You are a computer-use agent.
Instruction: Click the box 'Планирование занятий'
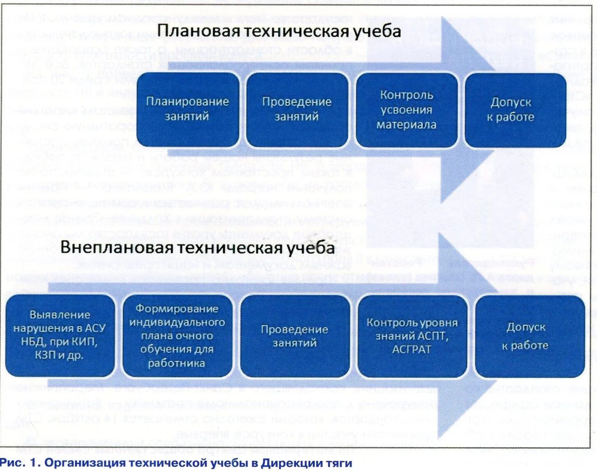(188, 109)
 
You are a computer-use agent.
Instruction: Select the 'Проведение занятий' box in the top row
(297, 109)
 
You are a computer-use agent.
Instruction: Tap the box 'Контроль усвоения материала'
(406, 110)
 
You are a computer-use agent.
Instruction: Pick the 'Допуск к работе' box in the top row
(515, 110)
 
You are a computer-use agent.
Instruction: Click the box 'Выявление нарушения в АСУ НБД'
(60, 335)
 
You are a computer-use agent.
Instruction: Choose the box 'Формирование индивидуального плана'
(177, 335)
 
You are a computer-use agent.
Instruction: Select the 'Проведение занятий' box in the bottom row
(294, 335)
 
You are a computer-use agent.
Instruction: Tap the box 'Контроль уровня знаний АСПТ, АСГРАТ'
(412, 335)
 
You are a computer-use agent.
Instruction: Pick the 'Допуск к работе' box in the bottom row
(530, 335)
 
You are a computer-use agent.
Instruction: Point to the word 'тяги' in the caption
(340, 463)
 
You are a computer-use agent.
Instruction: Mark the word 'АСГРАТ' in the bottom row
(412, 349)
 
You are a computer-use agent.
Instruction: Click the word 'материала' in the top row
(406, 125)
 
